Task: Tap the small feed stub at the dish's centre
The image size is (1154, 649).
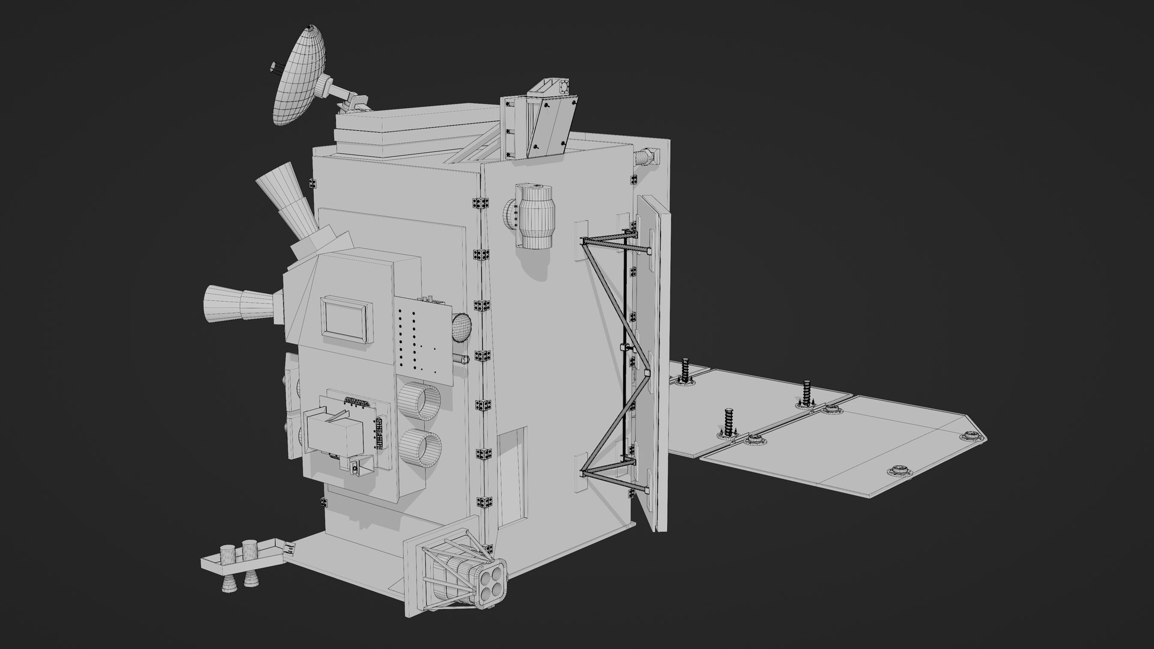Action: click(276, 66)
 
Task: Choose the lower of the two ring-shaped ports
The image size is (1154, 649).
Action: click(421, 448)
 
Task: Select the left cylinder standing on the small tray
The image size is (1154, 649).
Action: click(228, 553)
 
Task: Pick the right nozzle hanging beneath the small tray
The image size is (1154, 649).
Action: click(248, 580)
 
